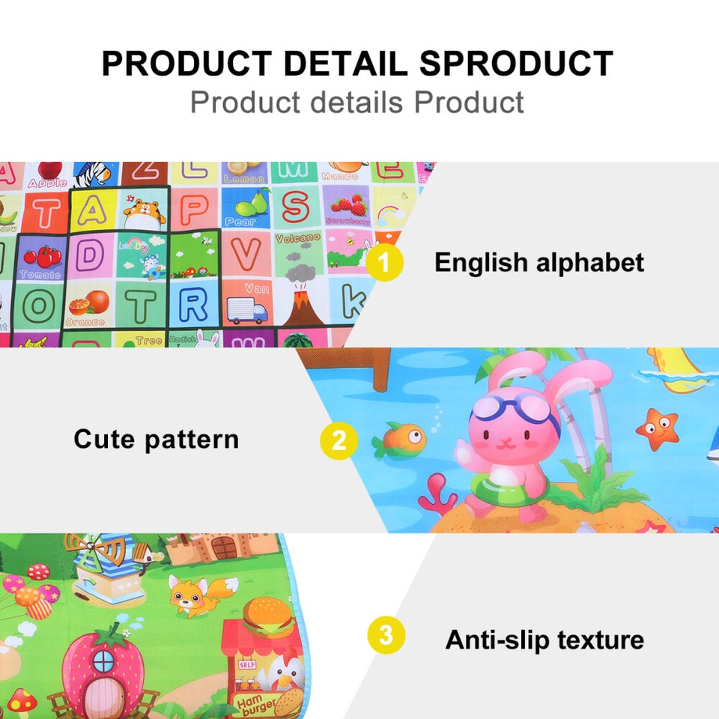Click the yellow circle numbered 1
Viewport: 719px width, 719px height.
385,263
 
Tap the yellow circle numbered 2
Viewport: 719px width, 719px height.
339,440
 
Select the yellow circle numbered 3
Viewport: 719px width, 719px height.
386,637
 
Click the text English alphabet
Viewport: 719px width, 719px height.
539,263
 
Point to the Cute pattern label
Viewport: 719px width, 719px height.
156,439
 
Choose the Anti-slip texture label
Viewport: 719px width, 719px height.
544,640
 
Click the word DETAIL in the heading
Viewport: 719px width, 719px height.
348,64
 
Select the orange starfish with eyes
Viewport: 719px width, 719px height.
657,428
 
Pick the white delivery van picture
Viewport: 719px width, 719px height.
246,309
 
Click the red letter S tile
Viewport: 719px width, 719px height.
296,207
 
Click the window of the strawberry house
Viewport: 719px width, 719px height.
103,661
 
